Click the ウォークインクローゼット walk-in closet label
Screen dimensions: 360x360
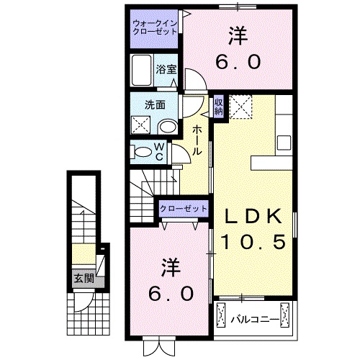coord(155,27)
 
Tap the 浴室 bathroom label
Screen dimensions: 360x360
coord(166,70)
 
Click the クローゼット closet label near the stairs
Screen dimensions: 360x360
coord(184,209)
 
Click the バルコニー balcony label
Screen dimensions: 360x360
coord(256,315)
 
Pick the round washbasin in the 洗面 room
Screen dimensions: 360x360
coord(168,127)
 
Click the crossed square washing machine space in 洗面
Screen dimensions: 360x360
coord(141,125)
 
